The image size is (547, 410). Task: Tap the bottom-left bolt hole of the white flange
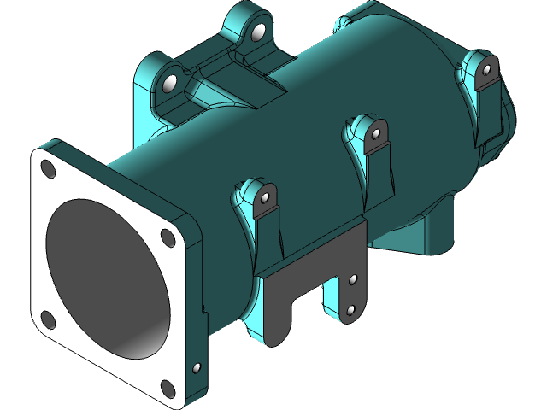47,320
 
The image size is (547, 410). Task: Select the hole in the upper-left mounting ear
170,84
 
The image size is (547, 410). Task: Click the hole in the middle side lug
374,134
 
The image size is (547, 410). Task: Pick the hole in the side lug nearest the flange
265,198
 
